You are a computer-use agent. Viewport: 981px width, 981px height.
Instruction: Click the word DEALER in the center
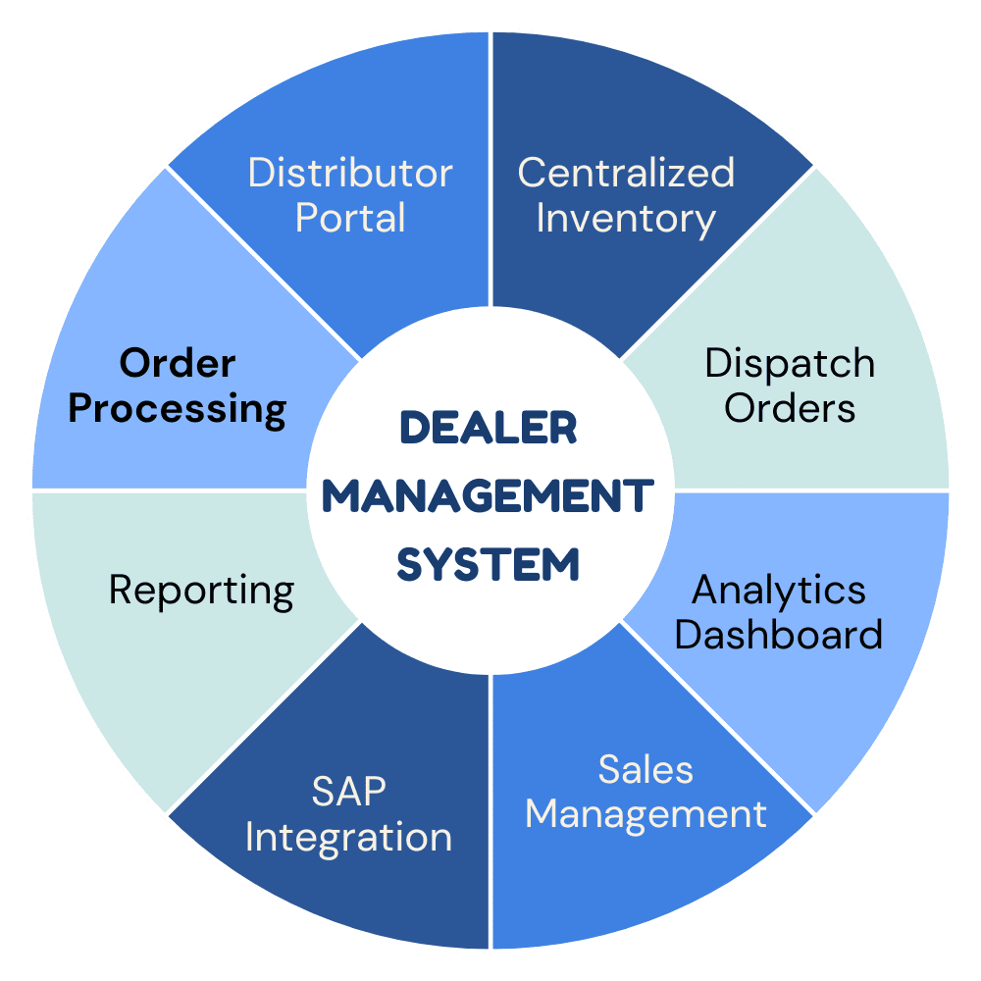[488, 429]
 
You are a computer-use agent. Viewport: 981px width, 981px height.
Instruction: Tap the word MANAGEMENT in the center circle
[488, 496]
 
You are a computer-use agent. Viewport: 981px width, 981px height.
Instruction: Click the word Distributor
[350, 173]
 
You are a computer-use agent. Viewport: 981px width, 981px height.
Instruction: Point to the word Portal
[350, 218]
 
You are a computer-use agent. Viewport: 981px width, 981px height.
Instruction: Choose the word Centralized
[626, 173]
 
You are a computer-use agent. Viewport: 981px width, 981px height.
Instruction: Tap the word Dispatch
[790, 364]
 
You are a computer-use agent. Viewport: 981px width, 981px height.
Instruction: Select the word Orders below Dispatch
[790, 408]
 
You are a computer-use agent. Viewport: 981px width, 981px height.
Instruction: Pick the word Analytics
[779, 591]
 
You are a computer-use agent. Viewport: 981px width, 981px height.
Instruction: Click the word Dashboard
[779, 635]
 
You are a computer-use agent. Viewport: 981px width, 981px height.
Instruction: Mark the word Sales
[645, 770]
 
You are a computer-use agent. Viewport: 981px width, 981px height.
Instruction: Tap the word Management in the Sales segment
[645, 815]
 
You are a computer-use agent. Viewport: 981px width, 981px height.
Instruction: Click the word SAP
[349, 793]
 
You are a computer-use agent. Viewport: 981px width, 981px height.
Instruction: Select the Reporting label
[201, 591]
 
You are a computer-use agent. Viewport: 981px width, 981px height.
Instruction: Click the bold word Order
[178, 364]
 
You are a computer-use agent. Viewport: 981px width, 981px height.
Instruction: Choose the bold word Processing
[178, 409]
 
